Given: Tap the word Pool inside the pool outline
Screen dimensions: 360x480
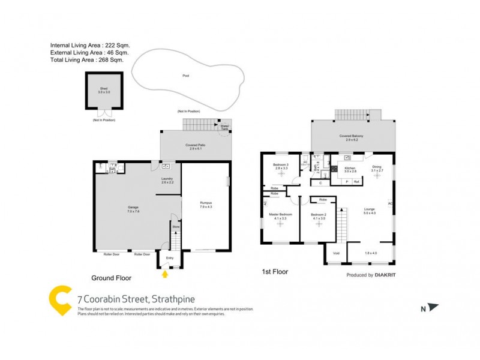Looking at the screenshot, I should pyautogui.click(x=186, y=76).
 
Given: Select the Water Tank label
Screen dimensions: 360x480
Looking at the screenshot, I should pyautogui.click(x=225, y=127).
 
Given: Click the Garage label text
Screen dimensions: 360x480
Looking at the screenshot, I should pyautogui.click(x=133, y=208).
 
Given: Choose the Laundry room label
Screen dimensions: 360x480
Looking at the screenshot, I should pyautogui.click(x=167, y=180).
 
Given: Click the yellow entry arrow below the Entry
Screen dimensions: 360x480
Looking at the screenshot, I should pyautogui.click(x=166, y=275).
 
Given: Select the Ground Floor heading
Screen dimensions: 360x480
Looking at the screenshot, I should pyautogui.click(x=111, y=278).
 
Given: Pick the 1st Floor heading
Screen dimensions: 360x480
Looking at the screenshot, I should pyautogui.click(x=275, y=272).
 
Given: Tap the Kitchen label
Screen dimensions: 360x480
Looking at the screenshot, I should pyautogui.click(x=350, y=170).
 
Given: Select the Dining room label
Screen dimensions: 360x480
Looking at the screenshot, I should pyautogui.click(x=377, y=169).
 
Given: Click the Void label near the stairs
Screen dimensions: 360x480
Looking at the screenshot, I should pyautogui.click(x=336, y=253).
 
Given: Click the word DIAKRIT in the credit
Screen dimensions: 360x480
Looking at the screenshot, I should pyautogui.click(x=387, y=275).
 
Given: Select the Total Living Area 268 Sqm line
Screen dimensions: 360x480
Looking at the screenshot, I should pyautogui.click(x=90, y=60).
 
